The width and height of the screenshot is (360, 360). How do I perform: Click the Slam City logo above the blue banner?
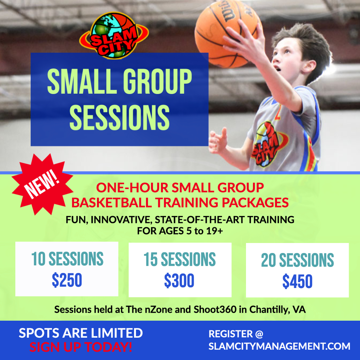point(114,36)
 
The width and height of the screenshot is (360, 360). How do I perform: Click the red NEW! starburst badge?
point(42,184)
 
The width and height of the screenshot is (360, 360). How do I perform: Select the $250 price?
point(67,280)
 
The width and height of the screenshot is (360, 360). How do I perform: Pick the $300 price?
point(179,281)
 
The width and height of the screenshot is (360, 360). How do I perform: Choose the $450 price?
point(297,281)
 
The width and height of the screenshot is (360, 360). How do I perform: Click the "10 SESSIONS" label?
point(67,259)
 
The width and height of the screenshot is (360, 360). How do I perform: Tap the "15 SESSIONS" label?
point(180,259)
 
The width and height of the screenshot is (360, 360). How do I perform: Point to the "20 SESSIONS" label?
point(298,260)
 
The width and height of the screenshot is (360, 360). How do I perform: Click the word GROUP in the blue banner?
point(157,82)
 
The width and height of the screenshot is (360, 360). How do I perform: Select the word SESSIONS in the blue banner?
point(119,118)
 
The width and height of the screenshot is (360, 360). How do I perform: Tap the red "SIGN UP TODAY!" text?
point(81,347)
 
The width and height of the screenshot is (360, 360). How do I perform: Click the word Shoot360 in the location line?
point(215,309)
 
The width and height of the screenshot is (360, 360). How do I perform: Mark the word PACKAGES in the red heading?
point(255,203)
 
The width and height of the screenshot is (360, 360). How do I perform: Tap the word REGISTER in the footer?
point(231,334)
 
